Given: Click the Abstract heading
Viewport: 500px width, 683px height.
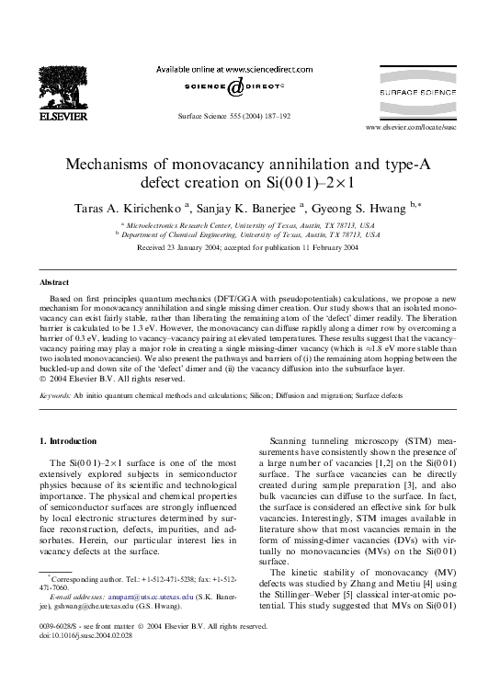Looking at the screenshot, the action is click(56, 281).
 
